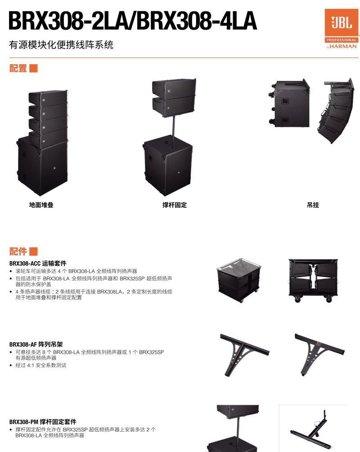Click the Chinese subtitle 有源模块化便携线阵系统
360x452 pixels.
61,45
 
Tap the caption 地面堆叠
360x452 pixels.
41,205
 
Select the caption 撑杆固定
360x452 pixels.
175,205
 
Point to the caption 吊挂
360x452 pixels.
313,205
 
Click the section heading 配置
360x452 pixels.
18,68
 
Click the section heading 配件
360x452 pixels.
18,251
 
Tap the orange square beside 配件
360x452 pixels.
33,251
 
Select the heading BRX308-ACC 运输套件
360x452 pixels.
38,263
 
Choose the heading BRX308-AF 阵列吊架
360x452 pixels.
36,344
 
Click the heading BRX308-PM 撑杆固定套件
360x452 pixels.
43,422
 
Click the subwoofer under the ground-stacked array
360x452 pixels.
42,166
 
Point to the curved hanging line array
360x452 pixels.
335,111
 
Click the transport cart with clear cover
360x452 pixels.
238,280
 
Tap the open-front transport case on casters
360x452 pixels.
313,281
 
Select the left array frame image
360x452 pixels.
244,355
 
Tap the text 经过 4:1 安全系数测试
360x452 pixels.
41,365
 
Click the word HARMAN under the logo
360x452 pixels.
343,46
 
